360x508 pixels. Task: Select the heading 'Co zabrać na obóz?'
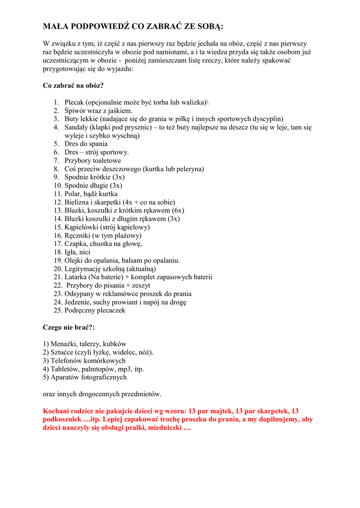point(73,85)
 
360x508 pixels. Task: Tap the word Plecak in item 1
point(74,102)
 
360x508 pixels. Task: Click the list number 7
point(56,161)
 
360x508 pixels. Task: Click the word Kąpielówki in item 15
point(81,227)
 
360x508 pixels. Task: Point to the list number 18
point(58,252)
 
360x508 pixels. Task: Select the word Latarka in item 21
point(76,277)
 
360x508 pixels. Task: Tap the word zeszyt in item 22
point(140,286)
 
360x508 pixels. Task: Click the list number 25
point(58,311)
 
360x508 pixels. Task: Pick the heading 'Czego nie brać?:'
point(69,327)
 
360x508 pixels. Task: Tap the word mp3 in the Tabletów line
point(124,369)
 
